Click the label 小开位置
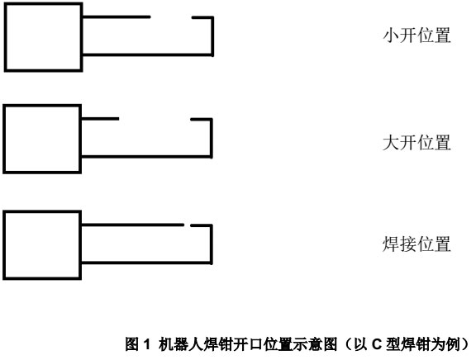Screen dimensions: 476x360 416,36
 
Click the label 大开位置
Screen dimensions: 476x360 416,143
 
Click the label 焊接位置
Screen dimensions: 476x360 416,244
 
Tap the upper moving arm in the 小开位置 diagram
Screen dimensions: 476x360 117,17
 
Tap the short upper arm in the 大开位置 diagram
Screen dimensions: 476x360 100,119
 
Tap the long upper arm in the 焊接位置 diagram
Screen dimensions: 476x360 133,225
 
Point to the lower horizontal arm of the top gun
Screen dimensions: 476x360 148,54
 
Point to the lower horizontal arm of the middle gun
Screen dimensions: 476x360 146,157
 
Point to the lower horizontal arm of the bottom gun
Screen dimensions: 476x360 146,263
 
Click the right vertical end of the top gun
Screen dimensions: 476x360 212,36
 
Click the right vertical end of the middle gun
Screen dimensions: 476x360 212,138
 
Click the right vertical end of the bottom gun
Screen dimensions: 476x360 212,244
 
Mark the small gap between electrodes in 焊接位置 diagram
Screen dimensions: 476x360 187,225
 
